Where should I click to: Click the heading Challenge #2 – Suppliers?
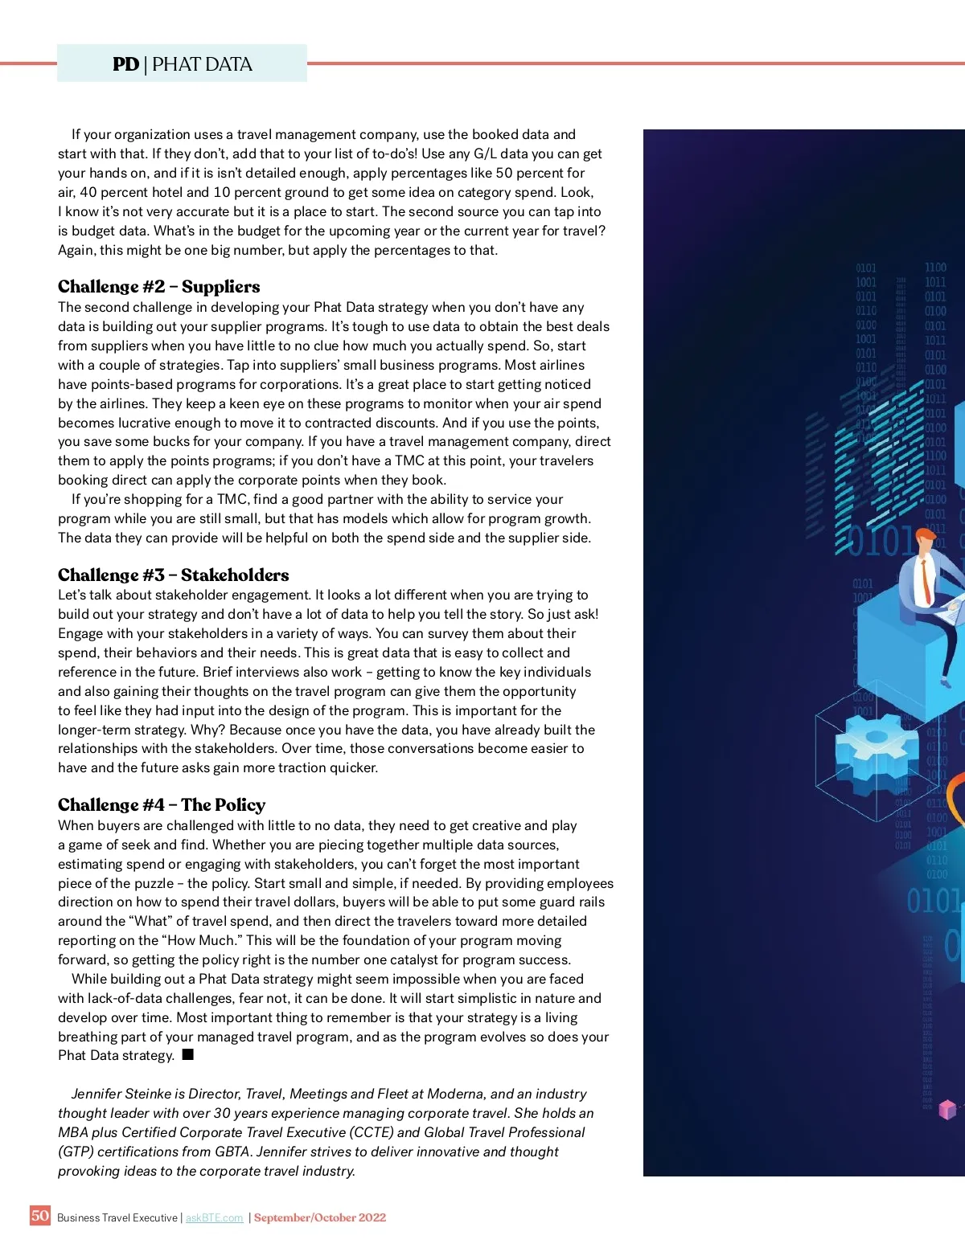[158, 287]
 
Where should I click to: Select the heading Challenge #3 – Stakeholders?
[173, 575]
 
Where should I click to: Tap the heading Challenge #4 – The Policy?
[161, 805]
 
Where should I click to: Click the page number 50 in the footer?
[39, 1215]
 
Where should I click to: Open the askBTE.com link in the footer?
[214, 1218]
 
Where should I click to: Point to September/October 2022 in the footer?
[320, 1218]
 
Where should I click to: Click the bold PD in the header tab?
[125, 64]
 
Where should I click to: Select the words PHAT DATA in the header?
[202, 64]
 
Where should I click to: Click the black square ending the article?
[188, 1054]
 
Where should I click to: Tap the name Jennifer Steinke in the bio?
[121, 1094]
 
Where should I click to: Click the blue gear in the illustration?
[871, 746]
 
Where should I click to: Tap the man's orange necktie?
[926, 580]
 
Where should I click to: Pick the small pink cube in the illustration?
[948, 1110]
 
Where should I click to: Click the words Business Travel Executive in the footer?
[117, 1218]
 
